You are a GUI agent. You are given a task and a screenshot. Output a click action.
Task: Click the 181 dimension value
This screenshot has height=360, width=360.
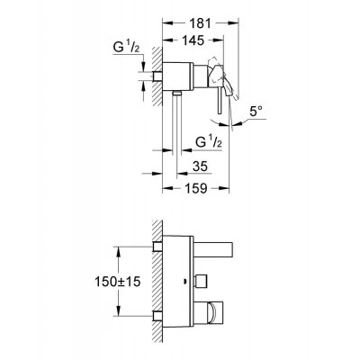(200, 23)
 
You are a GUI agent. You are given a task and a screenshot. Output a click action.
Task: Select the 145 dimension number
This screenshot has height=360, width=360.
(193, 40)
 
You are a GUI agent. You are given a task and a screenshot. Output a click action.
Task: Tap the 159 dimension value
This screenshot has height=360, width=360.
(195, 188)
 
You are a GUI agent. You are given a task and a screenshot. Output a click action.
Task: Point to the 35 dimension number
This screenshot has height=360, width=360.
(200, 166)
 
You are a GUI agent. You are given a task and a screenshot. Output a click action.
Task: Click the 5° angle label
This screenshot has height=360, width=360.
(256, 112)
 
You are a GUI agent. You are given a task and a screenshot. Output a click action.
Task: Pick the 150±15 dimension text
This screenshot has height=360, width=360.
(117, 282)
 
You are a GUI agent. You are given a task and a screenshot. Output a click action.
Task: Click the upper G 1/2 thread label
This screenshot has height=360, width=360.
(126, 48)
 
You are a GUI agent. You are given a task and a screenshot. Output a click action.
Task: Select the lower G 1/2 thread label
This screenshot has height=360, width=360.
(209, 141)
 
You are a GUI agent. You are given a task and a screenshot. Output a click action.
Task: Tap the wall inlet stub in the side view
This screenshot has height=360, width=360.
(157, 76)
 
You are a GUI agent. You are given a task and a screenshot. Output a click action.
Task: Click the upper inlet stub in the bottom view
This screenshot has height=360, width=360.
(157, 247)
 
